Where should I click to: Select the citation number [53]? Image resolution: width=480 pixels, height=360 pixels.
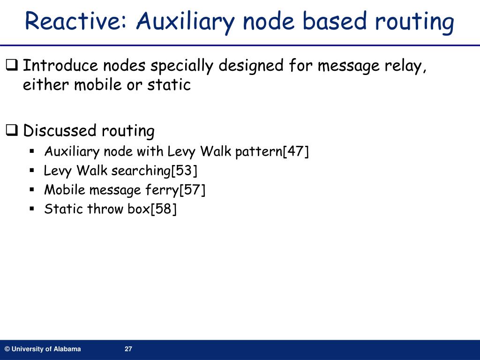[x=184, y=171]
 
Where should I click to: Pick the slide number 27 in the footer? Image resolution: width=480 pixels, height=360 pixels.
[x=128, y=349]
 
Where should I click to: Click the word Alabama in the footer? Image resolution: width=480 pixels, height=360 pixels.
[x=67, y=349]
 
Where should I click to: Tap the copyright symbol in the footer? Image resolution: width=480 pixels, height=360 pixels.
[x=7, y=349]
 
